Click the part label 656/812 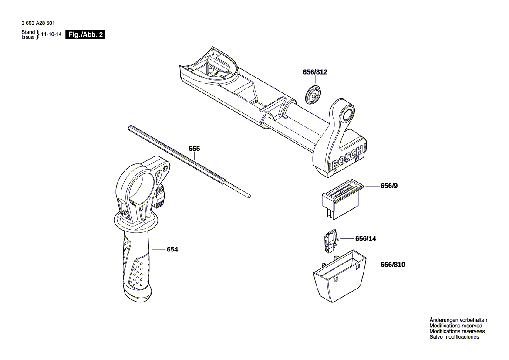click(315, 73)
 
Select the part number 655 click(194, 149)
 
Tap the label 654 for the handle click(172, 249)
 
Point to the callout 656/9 click(389, 186)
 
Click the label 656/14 click(366, 239)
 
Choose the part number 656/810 click(393, 265)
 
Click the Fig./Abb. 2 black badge click(85, 35)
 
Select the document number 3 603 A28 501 click(38, 23)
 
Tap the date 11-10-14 click(51, 35)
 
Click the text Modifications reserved click(455, 326)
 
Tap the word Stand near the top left click(28, 32)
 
